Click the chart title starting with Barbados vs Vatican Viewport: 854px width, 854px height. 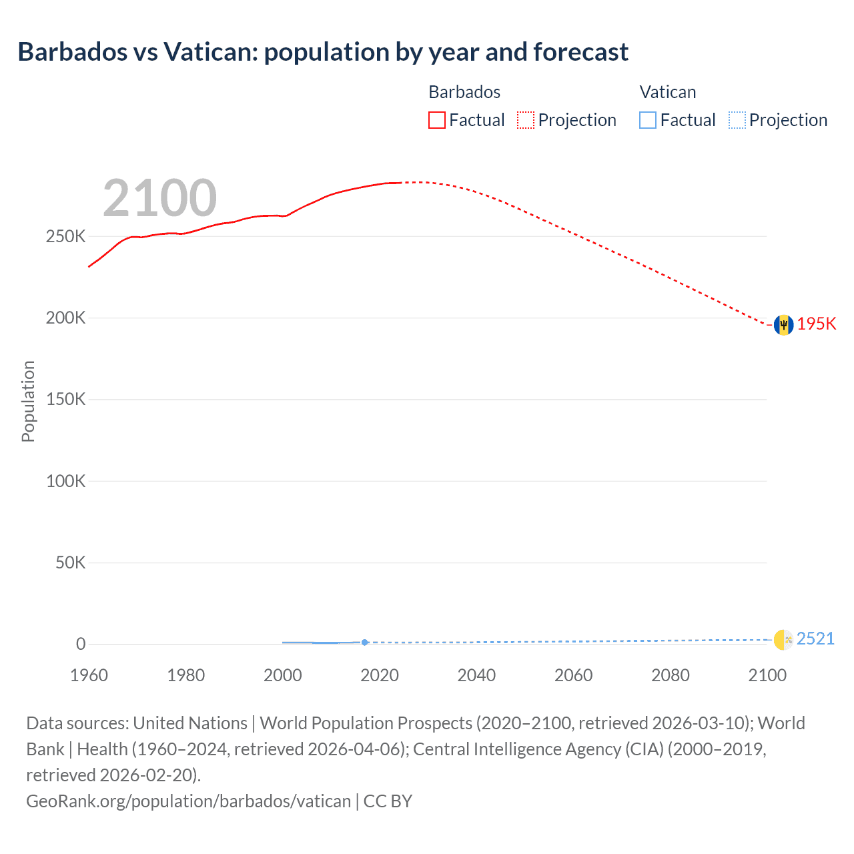[x=323, y=52]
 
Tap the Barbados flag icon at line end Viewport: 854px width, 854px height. [x=783, y=325]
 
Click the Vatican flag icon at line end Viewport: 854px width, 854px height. [x=783, y=639]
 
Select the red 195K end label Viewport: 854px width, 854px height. [x=817, y=324]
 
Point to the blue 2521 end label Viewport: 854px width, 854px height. [x=815, y=638]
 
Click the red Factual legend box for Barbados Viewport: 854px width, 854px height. [x=437, y=120]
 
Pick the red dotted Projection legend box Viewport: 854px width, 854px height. [x=526, y=120]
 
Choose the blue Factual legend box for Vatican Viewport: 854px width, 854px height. [x=648, y=120]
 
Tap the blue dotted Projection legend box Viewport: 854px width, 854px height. [x=737, y=120]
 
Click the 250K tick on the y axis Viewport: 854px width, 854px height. [x=66, y=237]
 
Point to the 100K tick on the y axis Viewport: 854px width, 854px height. [x=66, y=481]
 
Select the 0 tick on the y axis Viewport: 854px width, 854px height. [x=81, y=644]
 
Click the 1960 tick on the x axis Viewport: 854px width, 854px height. [x=89, y=675]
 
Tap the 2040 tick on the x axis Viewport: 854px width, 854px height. [x=476, y=675]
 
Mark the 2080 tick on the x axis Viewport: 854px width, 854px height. [x=671, y=675]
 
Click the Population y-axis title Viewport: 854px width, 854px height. [x=28, y=401]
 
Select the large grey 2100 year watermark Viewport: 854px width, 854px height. [x=159, y=198]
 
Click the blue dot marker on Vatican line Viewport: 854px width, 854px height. [x=364, y=643]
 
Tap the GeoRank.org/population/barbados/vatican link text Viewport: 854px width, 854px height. [x=188, y=801]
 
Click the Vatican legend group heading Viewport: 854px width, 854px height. [x=668, y=92]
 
